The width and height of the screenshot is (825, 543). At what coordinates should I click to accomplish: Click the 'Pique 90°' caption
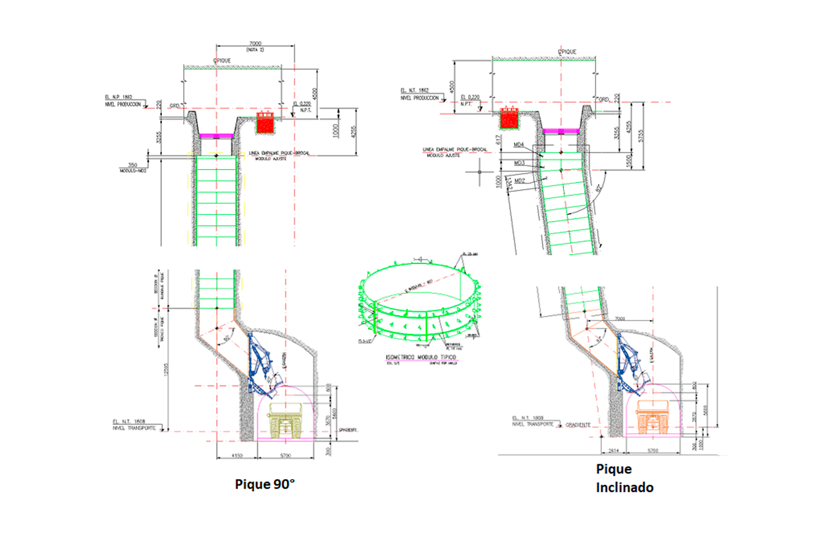(x=264, y=484)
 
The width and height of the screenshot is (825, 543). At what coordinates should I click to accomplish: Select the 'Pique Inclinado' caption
(x=624, y=478)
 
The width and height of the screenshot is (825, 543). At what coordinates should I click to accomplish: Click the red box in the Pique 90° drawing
(x=265, y=123)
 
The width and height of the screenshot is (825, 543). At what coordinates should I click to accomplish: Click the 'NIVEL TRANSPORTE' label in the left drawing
(x=134, y=428)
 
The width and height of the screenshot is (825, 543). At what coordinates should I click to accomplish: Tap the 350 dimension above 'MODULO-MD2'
(x=134, y=165)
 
